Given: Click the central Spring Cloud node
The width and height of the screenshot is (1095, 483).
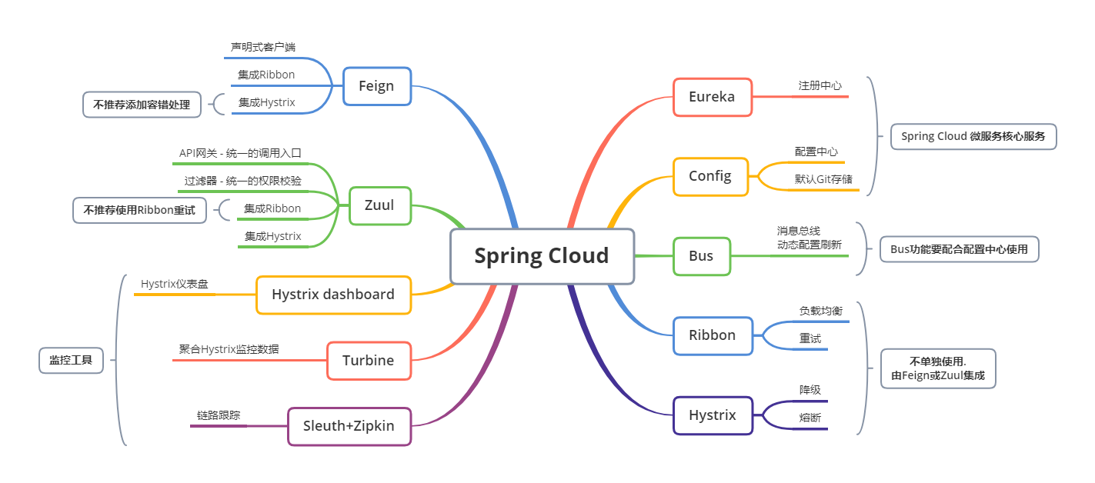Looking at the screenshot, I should click(x=542, y=255).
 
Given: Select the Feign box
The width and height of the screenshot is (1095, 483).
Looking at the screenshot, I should click(x=376, y=85).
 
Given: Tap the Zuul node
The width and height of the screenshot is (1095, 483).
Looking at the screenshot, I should click(x=379, y=205).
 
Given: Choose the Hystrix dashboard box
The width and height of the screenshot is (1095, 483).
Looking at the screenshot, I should click(x=333, y=295).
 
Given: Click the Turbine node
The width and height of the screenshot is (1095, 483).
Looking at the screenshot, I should click(x=369, y=361).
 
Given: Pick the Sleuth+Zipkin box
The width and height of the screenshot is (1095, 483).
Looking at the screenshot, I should click(x=349, y=426).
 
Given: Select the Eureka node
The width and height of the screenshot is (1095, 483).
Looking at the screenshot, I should click(x=712, y=97).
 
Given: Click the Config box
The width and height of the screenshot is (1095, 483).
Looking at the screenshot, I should click(x=710, y=176).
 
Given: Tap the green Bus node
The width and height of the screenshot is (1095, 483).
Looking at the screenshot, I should click(x=701, y=256).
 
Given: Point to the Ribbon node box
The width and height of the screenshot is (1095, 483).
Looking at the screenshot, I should click(x=713, y=335).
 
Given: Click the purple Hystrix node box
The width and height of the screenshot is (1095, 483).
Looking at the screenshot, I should click(x=713, y=415).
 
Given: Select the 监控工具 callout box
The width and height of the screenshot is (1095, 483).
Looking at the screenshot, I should click(x=71, y=359).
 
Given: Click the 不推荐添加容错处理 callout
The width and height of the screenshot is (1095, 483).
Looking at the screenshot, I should click(x=142, y=105).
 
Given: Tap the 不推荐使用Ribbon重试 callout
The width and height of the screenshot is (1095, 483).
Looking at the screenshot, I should click(x=139, y=210).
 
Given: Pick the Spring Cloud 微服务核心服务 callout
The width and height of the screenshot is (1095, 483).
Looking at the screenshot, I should click(x=973, y=137).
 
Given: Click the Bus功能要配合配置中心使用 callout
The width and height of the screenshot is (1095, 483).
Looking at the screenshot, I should click(x=959, y=249).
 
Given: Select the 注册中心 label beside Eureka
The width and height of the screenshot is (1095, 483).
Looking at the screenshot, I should click(x=820, y=85).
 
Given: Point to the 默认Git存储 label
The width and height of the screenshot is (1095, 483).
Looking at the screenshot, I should click(x=823, y=179).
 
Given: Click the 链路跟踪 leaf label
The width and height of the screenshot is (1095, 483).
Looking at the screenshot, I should click(x=219, y=415).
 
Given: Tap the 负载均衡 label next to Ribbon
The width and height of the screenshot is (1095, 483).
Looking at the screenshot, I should click(x=820, y=311).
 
